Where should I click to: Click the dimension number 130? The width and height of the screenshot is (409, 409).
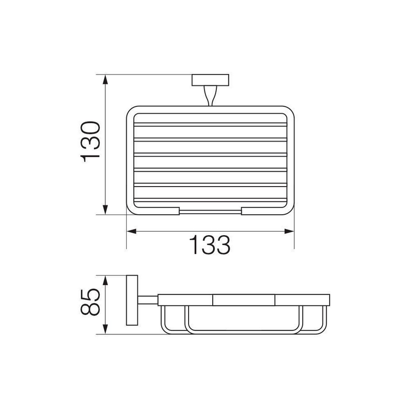pyautogui.click(x=90, y=142)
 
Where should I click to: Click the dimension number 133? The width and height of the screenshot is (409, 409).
pyautogui.click(x=210, y=245)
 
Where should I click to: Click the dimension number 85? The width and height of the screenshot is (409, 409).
pyautogui.click(x=90, y=302)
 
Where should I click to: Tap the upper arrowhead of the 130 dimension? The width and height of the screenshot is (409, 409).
pyautogui.click(x=105, y=79)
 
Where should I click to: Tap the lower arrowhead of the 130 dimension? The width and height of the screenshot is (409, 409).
pyautogui.click(x=105, y=210)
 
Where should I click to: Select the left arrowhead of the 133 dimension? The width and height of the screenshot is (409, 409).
pyautogui.click(x=131, y=232)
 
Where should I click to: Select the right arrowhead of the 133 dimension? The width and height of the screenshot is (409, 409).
pyautogui.click(x=289, y=232)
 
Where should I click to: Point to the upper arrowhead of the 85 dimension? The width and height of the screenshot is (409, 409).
pyautogui.click(x=105, y=280)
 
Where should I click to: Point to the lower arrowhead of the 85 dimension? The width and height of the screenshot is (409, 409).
pyautogui.click(x=105, y=329)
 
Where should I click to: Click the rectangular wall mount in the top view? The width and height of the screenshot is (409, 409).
pyautogui.click(x=210, y=80)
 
